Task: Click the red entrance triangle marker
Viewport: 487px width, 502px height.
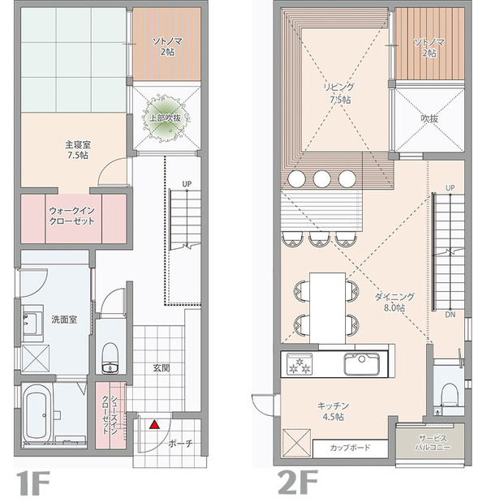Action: pyautogui.click(x=155, y=424)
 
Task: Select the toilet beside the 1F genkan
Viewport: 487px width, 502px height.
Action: pyautogui.click(x=110, y=358)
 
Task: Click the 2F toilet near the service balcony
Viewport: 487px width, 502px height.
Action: pyautogui.click(x=450, y=395)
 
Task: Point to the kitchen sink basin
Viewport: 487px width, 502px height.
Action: pyautogui.click(x=362, y=364)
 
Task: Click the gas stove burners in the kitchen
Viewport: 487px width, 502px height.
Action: pyautogui.click(x=300, y=364)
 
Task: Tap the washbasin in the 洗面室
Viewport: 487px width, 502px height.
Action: pyautogui.click(x=32, y=323)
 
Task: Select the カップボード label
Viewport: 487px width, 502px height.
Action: pyautogui.click(x=350, y=448)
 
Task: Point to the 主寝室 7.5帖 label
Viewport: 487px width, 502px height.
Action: pyautogui.click(x=78, y=150)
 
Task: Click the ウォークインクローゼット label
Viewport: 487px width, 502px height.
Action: pyautogui.click(x=71, y=216)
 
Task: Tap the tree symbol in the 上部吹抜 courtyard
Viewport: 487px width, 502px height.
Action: pyautogui.click(x=166, y=118)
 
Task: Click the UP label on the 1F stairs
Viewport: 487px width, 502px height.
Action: pyautogui.click(x=187, y=184)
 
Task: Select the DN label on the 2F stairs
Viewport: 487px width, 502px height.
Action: pyautogui.click(x=450, y=315)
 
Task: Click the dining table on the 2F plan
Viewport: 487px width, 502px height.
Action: pyautogui.click(x=328, y=308)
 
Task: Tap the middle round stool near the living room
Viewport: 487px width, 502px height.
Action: pyautogui.click(x=321, y=178)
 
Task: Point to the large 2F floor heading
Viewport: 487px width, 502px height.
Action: pyautogui.click(x=298, y=483)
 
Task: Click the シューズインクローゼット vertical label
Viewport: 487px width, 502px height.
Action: pyautogui.click(x=110, y=414)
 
